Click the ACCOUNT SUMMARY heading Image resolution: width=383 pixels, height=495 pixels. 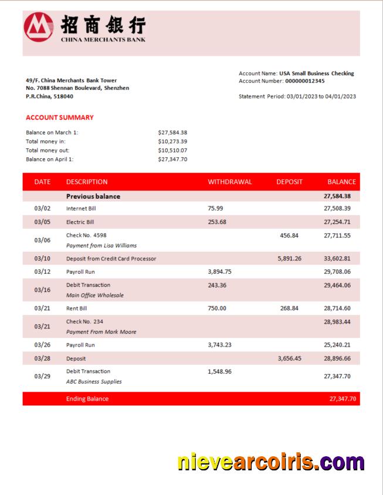pos(60,117)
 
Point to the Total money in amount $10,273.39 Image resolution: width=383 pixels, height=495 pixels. pos(172,141)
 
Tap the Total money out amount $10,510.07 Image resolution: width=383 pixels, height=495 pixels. pos(172,150)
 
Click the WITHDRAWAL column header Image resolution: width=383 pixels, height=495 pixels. pos(230,182)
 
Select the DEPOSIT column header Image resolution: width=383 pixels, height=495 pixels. pos(289,182)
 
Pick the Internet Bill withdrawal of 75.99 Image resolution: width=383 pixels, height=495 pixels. pos(215,208)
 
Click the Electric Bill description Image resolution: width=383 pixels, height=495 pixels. pos(80,222)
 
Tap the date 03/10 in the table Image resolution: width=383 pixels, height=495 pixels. pos(42,259)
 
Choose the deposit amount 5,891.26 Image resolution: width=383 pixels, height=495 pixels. pos(290,259)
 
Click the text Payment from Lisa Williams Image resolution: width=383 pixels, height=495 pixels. pos(101,246)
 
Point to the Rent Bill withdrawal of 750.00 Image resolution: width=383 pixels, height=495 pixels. pos(217,308)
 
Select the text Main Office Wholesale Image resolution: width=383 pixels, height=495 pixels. pos(95,296)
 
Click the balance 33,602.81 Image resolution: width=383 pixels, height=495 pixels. pos(337,259)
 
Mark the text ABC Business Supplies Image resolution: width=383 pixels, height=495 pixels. pos(94,381)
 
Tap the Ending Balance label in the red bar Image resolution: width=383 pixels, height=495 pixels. pos(87,399)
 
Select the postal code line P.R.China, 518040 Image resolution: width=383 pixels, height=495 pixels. pos(50,96)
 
